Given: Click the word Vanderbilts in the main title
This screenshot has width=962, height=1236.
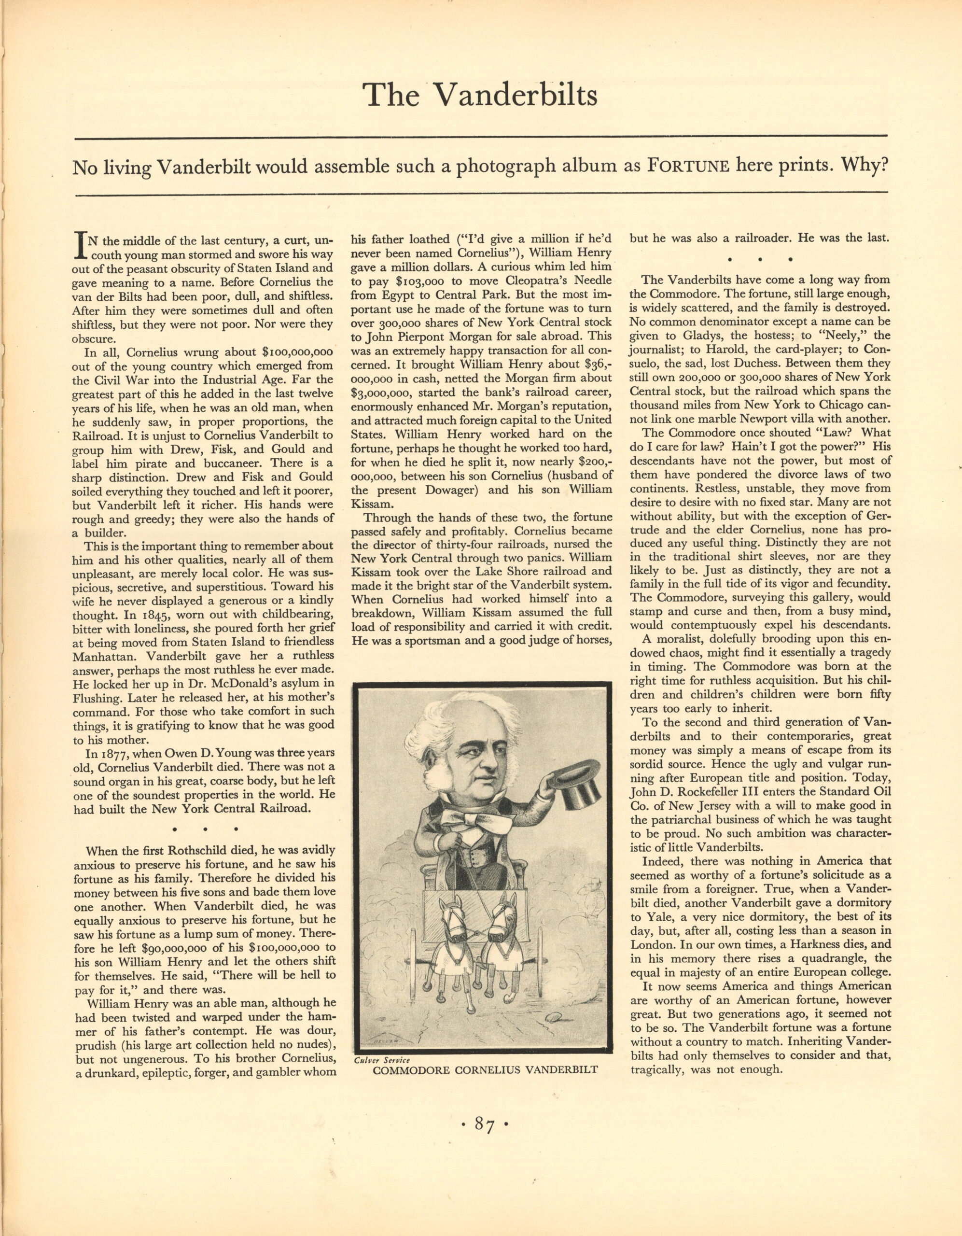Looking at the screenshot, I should tap(515, 95).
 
